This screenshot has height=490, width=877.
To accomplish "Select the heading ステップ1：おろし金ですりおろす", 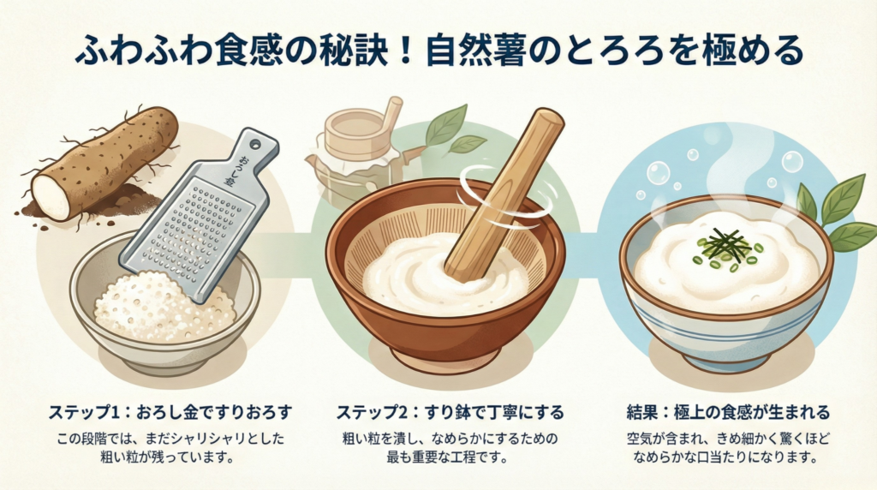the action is point(170,413).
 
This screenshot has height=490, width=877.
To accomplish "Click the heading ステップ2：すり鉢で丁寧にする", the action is point(450,413).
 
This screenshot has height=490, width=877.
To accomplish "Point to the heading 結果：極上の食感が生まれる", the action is point(728,413).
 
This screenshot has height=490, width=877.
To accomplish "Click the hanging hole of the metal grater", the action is point(255,144).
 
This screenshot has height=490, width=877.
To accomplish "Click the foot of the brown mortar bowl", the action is point(444,357).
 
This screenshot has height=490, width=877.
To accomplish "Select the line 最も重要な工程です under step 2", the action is point(447,457).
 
